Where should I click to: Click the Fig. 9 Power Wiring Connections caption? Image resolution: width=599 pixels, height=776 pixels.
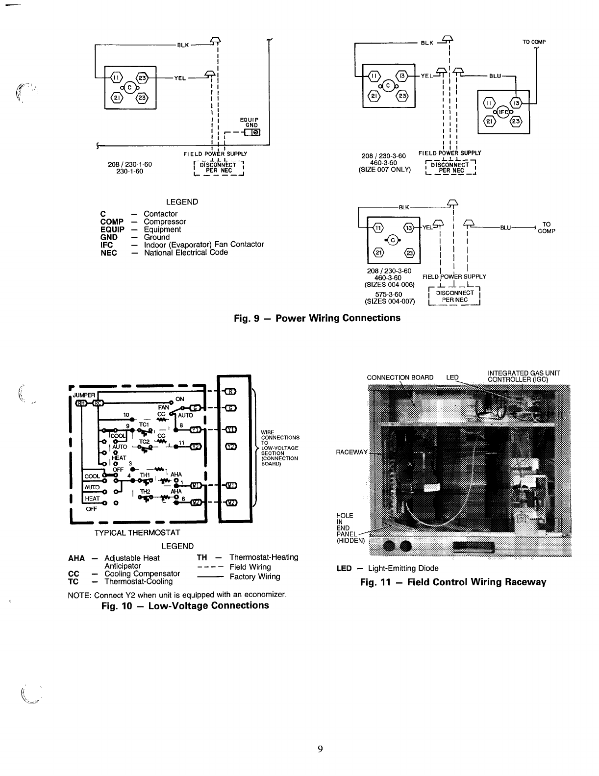pyautogui.click(x=317, y=318)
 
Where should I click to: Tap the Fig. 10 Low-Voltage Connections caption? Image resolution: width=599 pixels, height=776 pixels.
pyautogui.click(x=185, y=605)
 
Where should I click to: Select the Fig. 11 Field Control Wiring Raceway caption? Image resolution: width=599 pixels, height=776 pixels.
pyautogui.click(x=453, y=582)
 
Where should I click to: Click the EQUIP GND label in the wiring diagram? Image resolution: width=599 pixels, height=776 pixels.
pyautogui.click(x=249, y=123)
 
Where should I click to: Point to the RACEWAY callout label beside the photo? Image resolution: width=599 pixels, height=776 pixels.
pyautogui.click(x=351, y=451)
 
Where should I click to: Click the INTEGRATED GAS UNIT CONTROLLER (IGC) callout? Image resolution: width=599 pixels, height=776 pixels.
pyautogui.click(x=524, y=376)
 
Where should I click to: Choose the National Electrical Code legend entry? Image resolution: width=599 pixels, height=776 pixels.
pyautogui.click(x=186, y=252)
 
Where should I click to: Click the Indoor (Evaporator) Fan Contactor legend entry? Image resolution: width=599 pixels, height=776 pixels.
pyautogui.click(x=203, y=244)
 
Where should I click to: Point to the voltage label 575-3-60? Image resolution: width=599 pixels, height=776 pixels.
pyautogui.click(x=389, y=294)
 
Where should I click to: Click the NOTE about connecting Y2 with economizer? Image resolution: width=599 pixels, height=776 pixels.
pyautogui.click(x=177, y=595)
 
